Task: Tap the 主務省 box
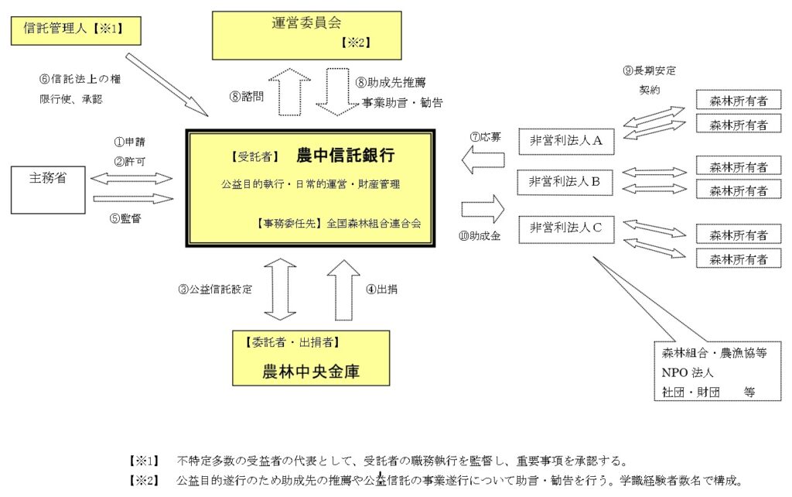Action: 47,188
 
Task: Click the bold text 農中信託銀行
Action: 345,156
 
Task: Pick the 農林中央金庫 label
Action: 311,372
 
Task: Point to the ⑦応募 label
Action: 485,137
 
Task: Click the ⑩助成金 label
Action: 480,235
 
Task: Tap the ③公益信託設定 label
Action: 216,290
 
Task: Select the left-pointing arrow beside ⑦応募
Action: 482,159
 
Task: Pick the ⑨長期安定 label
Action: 650,70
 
